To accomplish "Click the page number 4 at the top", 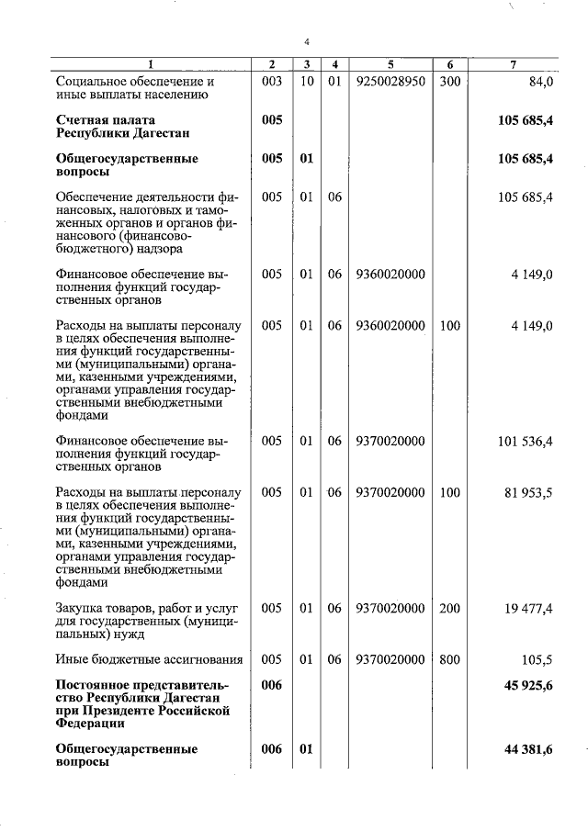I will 307,41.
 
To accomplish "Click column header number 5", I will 390,64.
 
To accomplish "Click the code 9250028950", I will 390,82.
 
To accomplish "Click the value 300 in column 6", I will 450,82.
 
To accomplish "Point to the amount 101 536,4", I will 526,442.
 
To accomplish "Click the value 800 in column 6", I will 450,659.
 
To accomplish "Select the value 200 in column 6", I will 450,608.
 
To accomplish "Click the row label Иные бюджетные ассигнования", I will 149,659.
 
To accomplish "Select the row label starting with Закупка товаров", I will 147,620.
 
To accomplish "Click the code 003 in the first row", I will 271,82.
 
